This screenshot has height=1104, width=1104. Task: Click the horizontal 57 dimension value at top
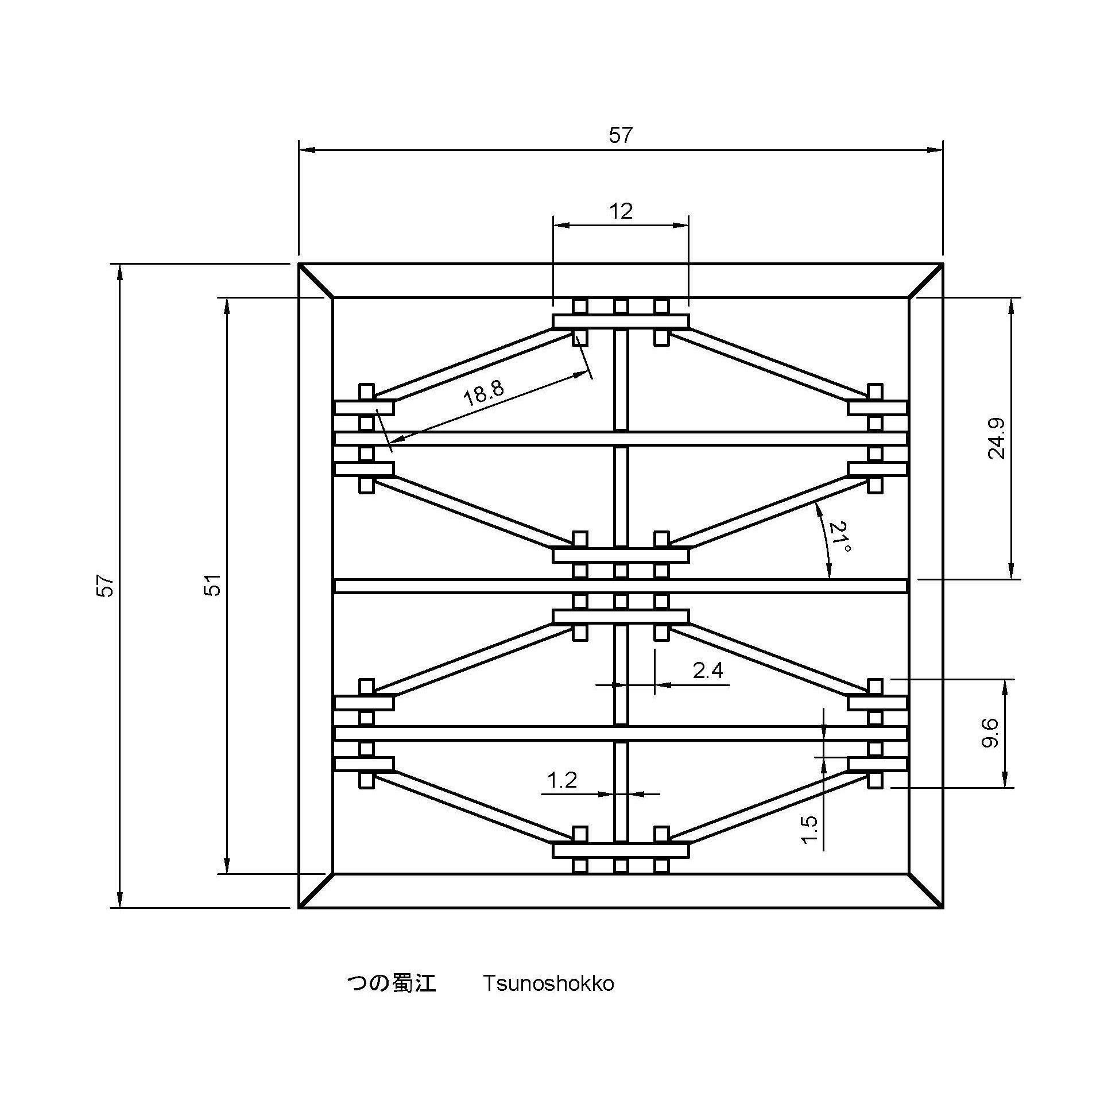coord(620,135)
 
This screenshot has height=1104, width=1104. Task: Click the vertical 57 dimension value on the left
coord(107,586)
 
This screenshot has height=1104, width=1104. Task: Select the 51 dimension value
coord(214,586)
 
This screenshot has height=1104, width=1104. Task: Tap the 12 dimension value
coord(621,211)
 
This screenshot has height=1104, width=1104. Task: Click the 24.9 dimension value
coord(997,439)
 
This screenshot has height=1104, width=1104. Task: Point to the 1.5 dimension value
coord(808,830)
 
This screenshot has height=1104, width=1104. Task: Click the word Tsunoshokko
coord(548,983)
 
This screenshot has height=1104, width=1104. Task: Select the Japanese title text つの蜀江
coord(392,983)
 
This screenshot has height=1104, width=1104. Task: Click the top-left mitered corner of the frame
coord(316,281)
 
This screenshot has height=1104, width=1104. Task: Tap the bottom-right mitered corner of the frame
coord(925,890)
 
